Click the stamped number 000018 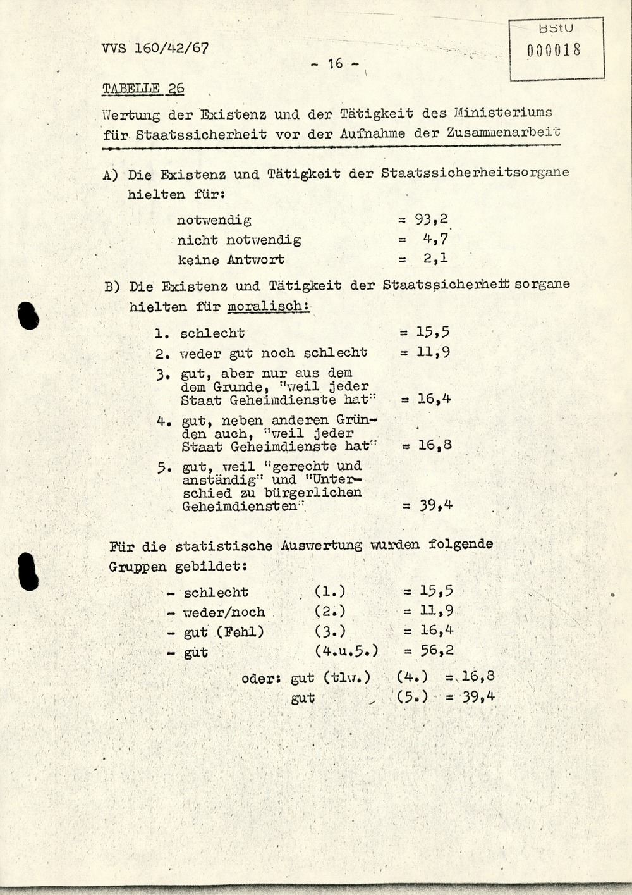click(554, 50)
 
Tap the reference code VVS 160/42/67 click(154, 48)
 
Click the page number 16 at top click(335, 63)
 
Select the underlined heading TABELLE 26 click(143, 89)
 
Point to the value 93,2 click(432, 219)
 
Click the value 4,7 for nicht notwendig click(435, 240)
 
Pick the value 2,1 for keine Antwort click(435, 259)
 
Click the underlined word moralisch click(268, 307)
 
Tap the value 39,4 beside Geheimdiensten click(436, 505)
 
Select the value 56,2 click(437, 650)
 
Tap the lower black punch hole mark click(28, 571)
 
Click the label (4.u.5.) click(346, 650)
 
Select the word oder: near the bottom click(261, 679)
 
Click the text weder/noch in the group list click(224, 612)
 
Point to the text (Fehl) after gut click(240, 631)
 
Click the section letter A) click(111, 174)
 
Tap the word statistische click(224, 545)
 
